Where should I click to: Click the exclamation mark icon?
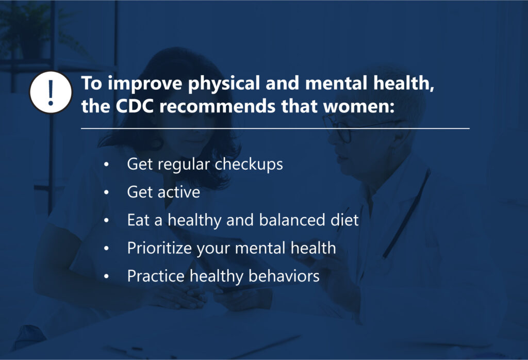[x=51, y=92]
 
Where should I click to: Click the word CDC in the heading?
[x=135, y=106]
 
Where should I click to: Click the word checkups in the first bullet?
[x=249, y=165]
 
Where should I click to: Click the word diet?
[x=344, y=220]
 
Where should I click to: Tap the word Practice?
[x=156, y=276]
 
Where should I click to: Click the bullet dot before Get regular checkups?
[x=106, y=165]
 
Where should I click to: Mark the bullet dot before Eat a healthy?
[x=106, y=221]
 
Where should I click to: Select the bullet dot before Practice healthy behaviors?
[x=106, y=276]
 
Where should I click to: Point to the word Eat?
[x=138, y=220]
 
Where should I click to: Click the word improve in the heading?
[x=145, y=84]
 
